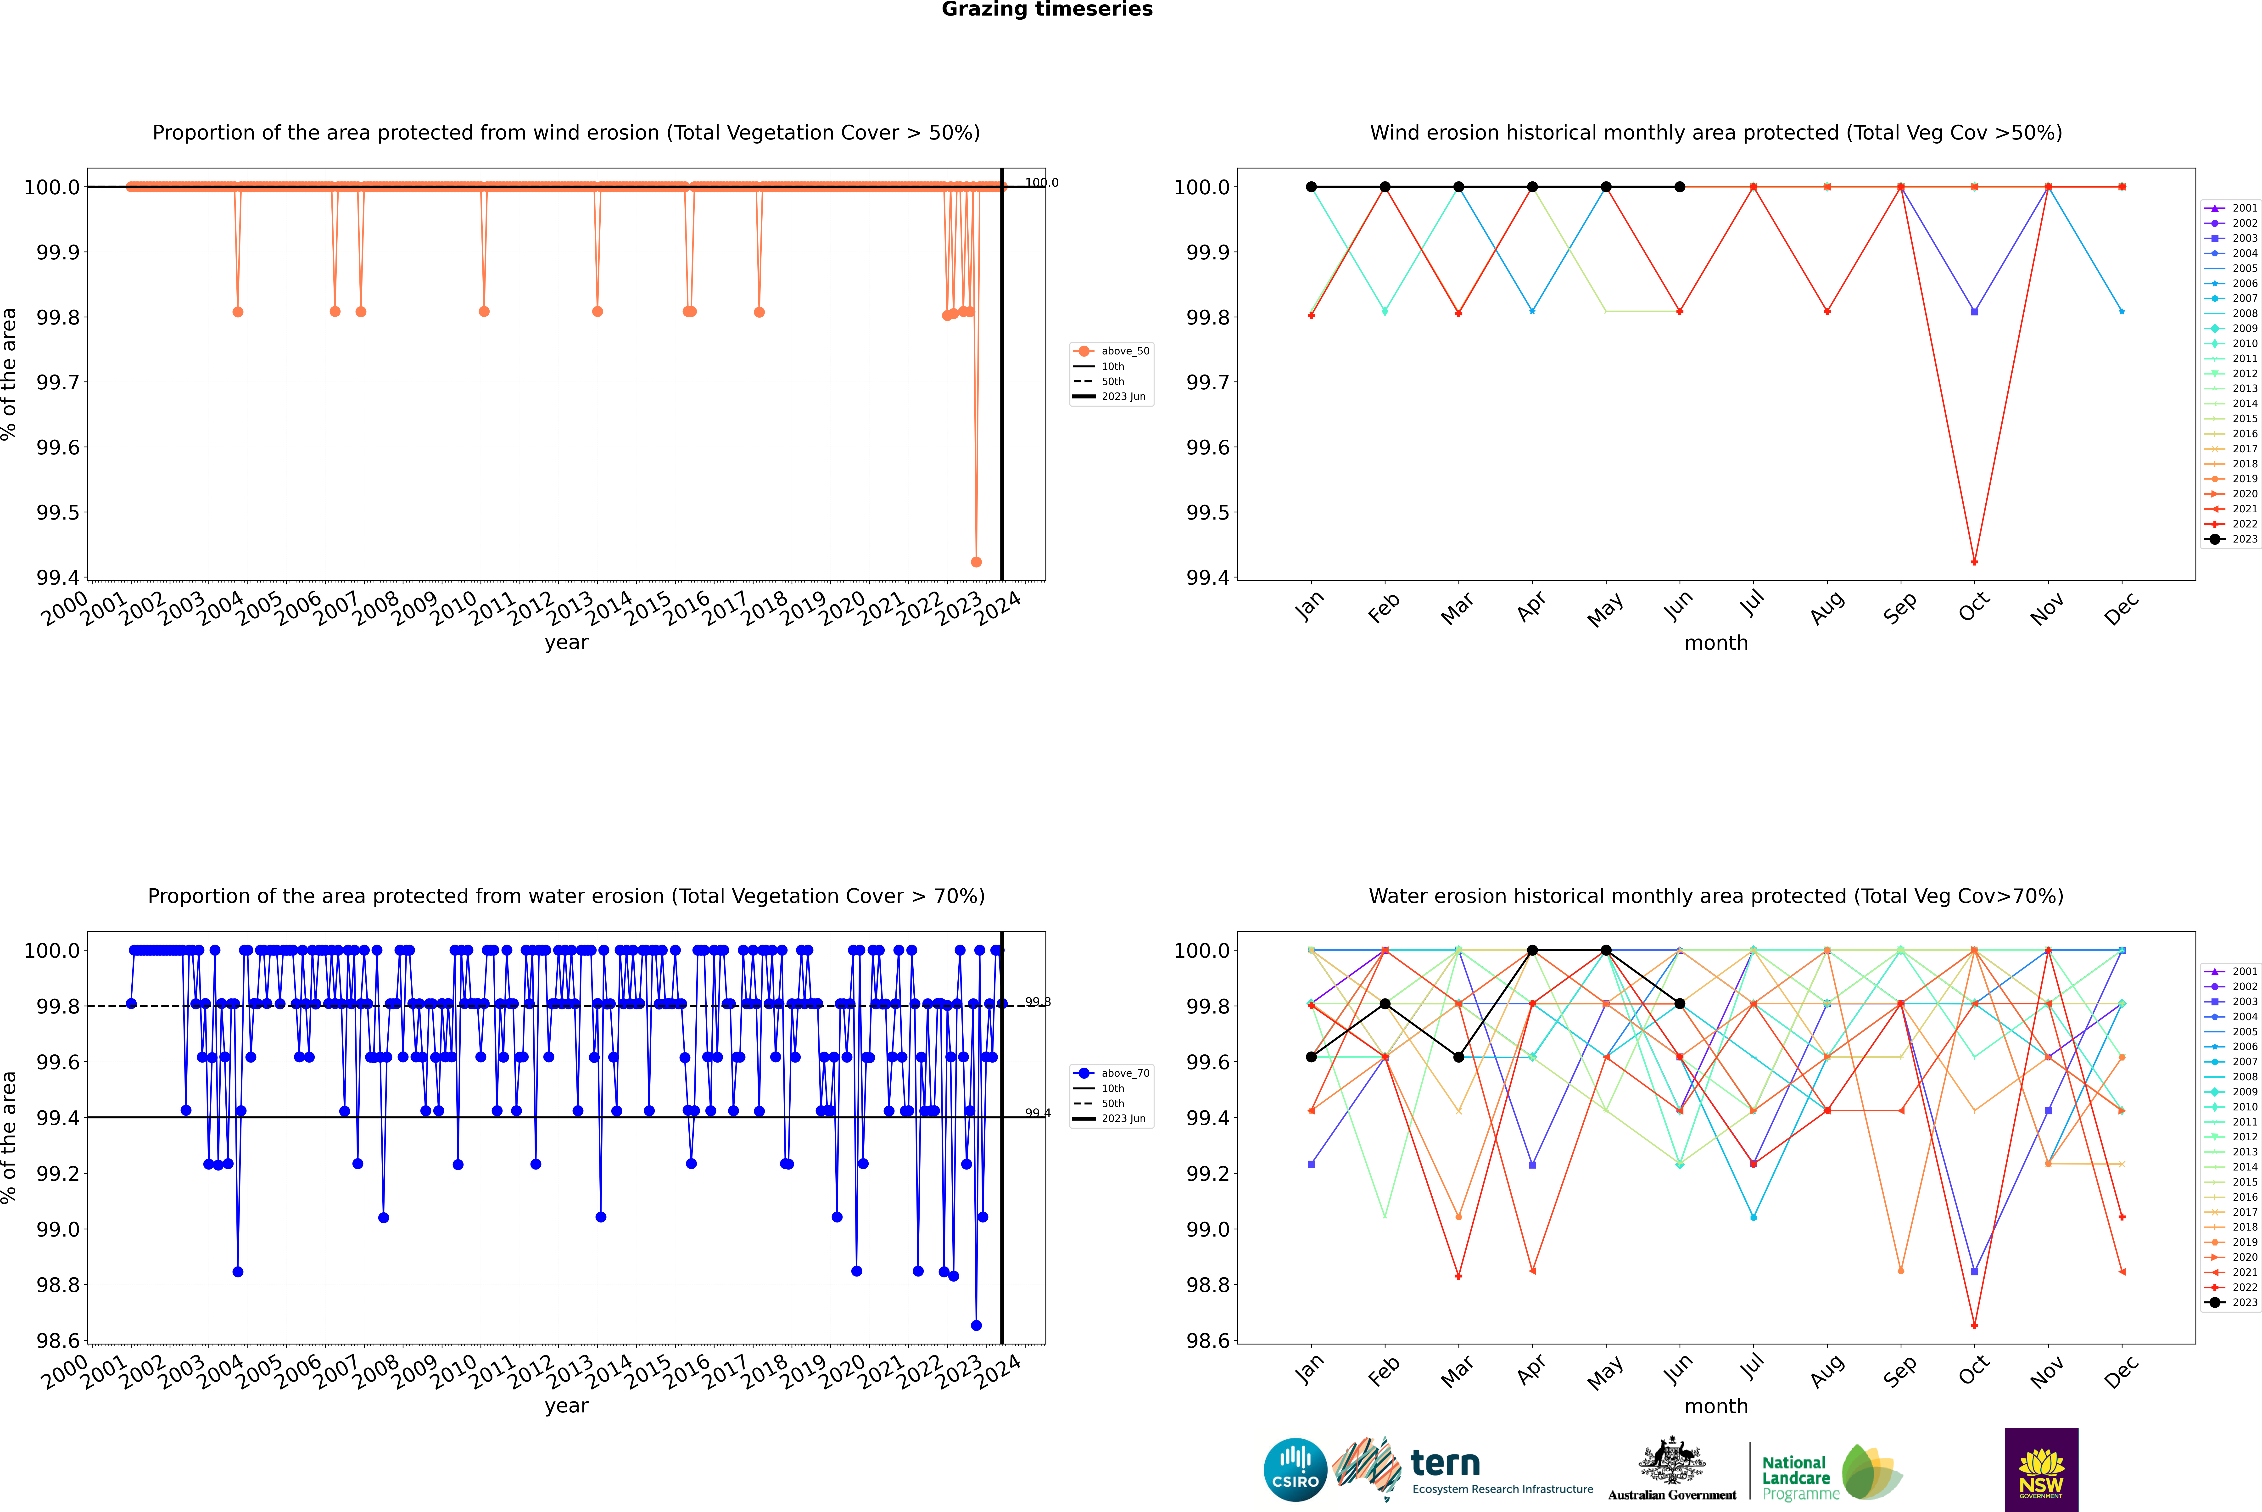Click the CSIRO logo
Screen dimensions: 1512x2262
point(1295,1470)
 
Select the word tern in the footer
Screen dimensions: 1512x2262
point(1444,1463)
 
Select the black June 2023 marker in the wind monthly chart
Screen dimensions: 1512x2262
point(1680,187)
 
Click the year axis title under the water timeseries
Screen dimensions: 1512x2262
point(566,1406)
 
